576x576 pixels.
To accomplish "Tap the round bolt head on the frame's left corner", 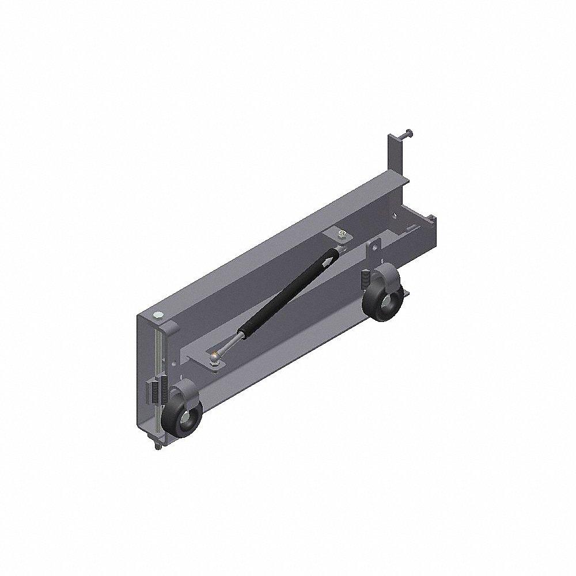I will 158,314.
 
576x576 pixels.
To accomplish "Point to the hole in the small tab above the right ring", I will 375,245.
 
